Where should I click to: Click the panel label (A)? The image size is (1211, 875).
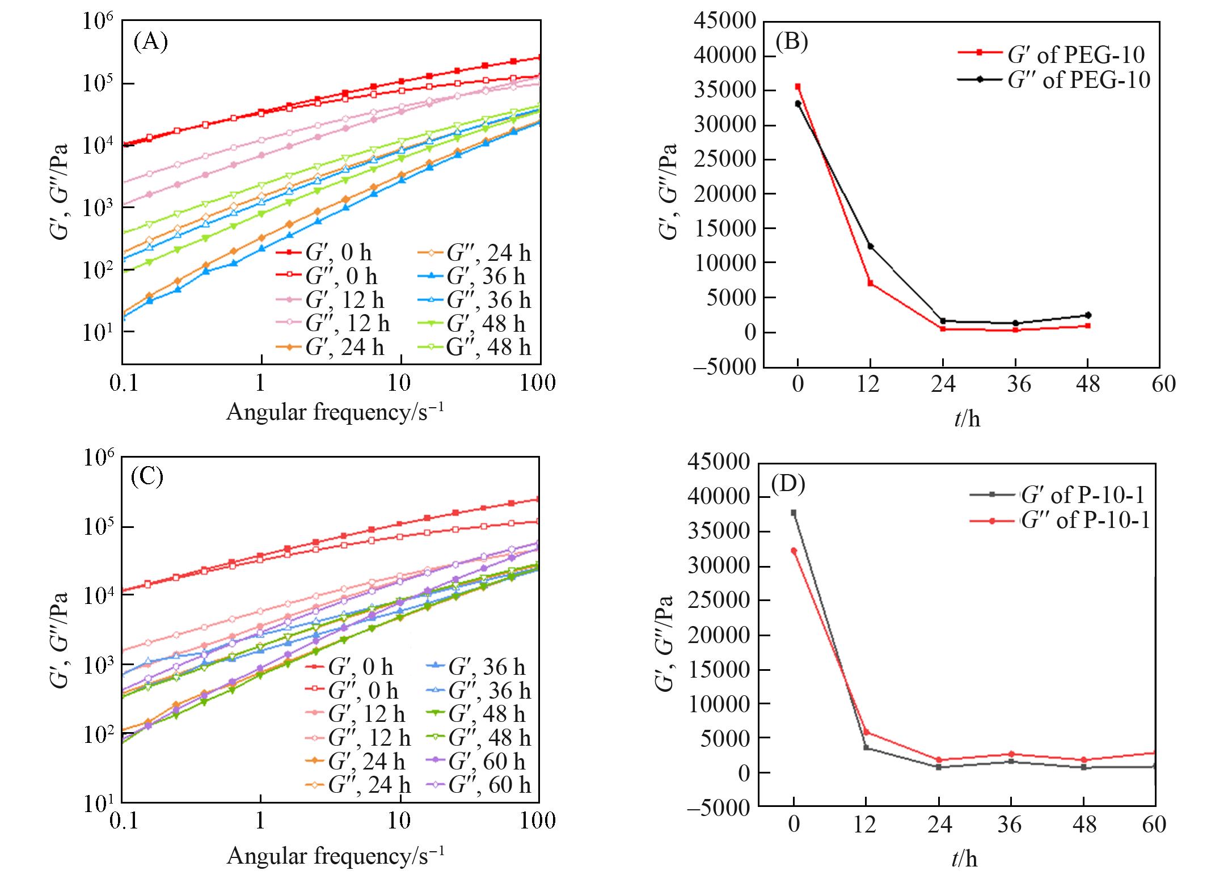150,43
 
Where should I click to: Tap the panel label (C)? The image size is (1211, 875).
147,477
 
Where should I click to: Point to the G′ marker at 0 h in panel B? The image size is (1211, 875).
798,87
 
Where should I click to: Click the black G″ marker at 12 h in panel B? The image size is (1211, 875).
870,246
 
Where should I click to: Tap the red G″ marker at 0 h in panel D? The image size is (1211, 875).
794,550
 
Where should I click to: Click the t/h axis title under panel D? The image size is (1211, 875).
964,859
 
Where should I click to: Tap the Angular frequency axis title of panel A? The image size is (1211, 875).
335,412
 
